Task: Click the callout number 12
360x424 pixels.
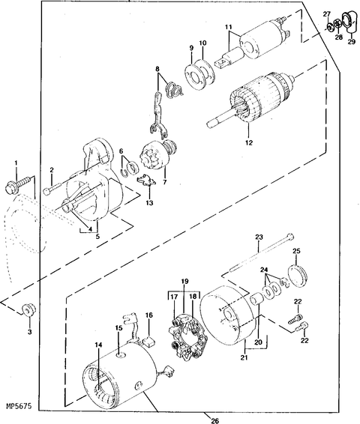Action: pos(247,142)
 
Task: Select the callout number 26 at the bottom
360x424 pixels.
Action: pos(205,418)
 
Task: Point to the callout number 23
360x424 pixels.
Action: pos(259,237)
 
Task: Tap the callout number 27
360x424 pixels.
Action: pos(326,13)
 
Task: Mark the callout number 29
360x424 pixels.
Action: pos(351,43)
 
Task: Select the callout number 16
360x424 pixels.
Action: pos(148,317)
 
